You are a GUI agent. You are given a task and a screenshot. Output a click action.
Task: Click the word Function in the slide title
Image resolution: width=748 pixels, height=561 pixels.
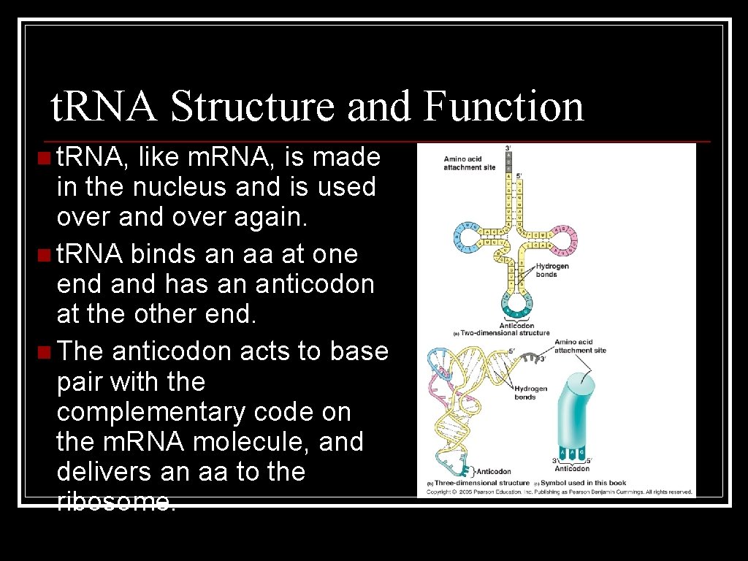point(503,106)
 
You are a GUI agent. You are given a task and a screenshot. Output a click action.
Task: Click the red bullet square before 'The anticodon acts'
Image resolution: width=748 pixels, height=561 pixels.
point(45,352)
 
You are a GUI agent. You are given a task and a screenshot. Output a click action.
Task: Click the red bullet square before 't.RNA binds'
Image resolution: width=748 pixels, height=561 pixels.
point(45,255)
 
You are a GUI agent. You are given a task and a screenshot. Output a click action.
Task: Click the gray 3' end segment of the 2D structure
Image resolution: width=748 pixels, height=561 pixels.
point(509,161)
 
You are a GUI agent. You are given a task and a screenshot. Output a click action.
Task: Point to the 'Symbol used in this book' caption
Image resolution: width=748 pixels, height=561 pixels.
point(581,483)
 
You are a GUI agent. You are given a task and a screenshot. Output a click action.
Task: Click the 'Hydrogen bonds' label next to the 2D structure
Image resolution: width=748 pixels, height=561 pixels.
point(552,270)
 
